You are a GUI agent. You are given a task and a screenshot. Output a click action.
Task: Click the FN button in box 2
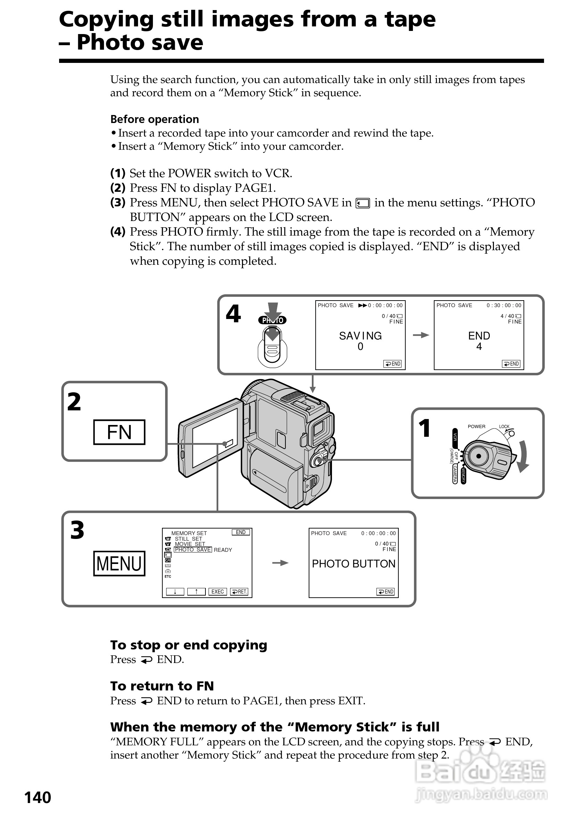point(119,432)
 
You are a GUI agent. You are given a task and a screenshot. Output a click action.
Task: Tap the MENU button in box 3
point(119,563)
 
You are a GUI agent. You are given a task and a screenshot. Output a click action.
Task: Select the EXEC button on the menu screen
point(217,591)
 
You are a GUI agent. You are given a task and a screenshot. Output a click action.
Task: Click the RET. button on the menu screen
point(239,591)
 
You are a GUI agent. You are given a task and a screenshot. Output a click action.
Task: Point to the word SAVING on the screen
point(360,336)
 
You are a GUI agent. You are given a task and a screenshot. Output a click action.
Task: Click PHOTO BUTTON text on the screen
point(354,564)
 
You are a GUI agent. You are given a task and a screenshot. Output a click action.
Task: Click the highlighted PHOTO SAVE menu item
point(193,550)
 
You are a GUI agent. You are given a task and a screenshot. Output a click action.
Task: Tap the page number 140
point(38,797)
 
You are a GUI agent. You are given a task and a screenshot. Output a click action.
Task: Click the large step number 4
point(233,314)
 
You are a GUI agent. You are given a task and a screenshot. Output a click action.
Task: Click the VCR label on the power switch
point(455,436)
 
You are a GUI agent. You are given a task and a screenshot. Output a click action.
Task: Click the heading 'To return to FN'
point(162,686)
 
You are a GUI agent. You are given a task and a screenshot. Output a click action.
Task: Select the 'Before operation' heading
point(155,119)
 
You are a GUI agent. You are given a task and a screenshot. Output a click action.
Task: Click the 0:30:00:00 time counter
point(504,305)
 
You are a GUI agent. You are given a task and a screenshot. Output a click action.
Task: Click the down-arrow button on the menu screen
point(175,591)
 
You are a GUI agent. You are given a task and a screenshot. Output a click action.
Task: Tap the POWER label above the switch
point(476,426)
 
